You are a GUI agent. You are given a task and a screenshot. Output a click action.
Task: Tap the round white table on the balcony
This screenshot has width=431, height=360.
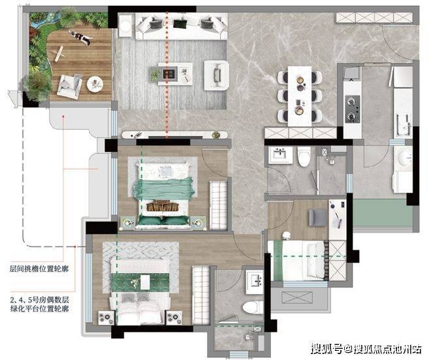click(95, 84)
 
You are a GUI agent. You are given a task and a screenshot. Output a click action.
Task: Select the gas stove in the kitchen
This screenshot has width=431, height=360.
click(353, 109)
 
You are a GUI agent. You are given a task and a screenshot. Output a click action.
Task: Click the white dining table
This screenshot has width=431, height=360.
click(300, 96)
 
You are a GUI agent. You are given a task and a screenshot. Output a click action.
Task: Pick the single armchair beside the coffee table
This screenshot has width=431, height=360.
click(216, 75)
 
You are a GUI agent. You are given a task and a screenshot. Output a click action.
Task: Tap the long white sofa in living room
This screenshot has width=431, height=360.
click(182, 26)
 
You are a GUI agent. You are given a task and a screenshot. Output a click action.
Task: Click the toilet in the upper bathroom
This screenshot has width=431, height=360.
click(304, 157)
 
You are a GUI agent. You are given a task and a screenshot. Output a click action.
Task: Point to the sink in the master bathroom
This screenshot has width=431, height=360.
click(255, 282)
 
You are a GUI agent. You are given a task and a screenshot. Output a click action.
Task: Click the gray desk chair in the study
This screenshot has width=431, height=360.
click(318, 218)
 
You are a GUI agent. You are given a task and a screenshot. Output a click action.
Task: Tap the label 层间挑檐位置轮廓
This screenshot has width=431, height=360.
click(39, 269)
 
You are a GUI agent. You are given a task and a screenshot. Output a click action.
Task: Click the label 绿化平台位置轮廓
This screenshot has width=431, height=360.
click(40, 308)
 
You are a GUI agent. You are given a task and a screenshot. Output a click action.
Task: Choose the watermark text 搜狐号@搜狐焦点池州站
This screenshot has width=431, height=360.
click(366, 350)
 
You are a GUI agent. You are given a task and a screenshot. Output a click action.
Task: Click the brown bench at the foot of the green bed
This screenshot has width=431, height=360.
click(163, 206)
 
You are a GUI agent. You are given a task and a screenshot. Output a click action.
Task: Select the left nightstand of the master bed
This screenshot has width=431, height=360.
click(106, 318)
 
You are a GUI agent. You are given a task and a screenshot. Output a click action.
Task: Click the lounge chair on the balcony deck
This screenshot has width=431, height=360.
click(69, 86)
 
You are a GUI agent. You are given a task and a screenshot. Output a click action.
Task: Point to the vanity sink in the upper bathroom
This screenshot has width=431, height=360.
click(280, 155)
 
